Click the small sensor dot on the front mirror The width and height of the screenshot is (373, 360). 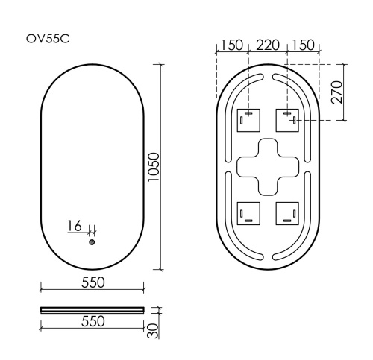92,241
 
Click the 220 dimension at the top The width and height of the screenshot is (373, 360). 267,45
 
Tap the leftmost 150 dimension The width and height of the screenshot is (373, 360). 231,45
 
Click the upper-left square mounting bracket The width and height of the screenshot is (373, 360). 248,119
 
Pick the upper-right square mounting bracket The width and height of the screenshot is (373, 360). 287,119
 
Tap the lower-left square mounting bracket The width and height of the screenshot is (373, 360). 248,214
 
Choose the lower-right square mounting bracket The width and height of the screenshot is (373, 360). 287,214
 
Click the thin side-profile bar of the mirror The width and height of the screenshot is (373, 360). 92,307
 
